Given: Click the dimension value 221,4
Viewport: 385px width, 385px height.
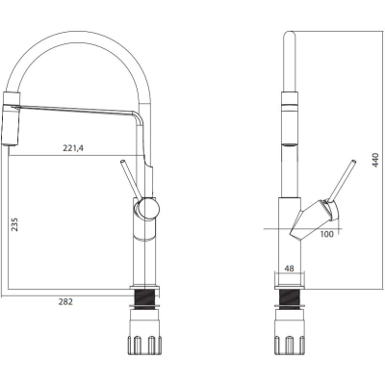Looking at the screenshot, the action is click(73, 148).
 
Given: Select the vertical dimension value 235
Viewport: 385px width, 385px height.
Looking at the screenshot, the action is click(15, 224).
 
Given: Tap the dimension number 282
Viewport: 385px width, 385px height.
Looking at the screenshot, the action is click(65, 301).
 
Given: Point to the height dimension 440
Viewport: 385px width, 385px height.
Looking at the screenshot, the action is click(374, 160).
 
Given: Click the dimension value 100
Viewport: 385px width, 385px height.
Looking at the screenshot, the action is click(327, 234).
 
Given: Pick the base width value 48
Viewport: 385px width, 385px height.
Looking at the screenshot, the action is click(289, 269).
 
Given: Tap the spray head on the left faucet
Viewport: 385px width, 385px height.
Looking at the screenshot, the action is click(12, 118).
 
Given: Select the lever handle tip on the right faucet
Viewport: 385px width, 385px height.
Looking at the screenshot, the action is click(353, 162).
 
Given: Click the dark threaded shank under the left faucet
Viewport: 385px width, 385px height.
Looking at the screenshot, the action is click(144, 299).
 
